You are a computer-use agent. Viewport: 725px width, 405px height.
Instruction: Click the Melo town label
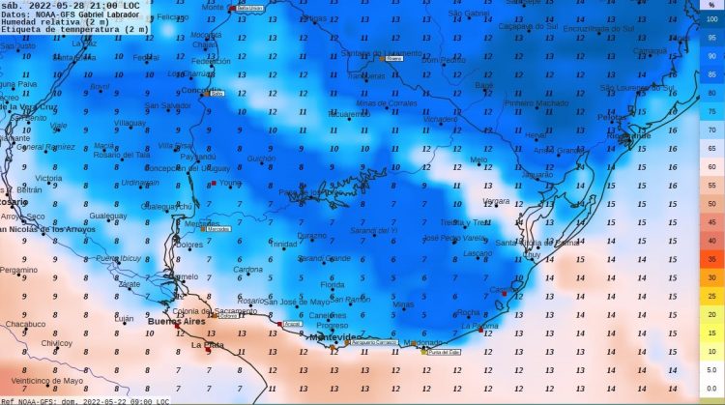pos(478,159)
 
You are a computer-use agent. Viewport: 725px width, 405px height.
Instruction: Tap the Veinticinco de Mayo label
pos(43,380)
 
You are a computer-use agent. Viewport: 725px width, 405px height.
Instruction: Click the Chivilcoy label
pos(57,343)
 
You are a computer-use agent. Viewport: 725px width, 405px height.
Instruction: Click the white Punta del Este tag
pos(443,352)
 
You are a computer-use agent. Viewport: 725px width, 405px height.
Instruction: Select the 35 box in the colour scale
pos(710,259)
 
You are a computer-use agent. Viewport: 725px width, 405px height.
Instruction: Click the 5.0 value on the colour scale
pos(710,369)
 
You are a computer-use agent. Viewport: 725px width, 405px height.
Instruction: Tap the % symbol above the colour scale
pos(711,6)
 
